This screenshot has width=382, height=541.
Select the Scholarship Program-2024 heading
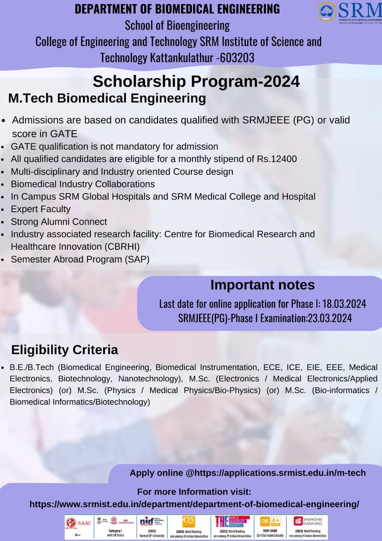pos(196,82)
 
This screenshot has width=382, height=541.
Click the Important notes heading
pos(263,285)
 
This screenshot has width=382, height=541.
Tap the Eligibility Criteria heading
pos(64,350)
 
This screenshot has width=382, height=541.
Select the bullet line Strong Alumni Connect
pos(59,221)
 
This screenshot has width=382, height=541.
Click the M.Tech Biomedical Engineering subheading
pos(107,98)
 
